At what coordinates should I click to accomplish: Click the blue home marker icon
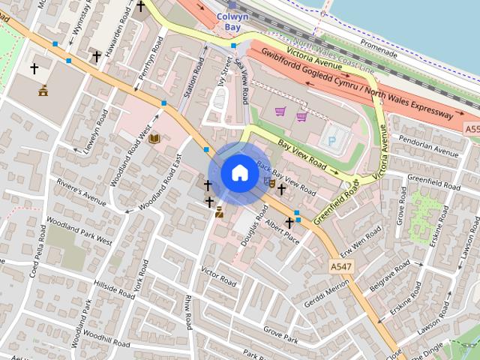point(239,173)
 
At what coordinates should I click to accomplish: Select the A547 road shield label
point(340,266)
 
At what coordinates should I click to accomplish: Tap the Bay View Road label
point(302,154)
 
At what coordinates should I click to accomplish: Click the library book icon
point(154,139)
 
